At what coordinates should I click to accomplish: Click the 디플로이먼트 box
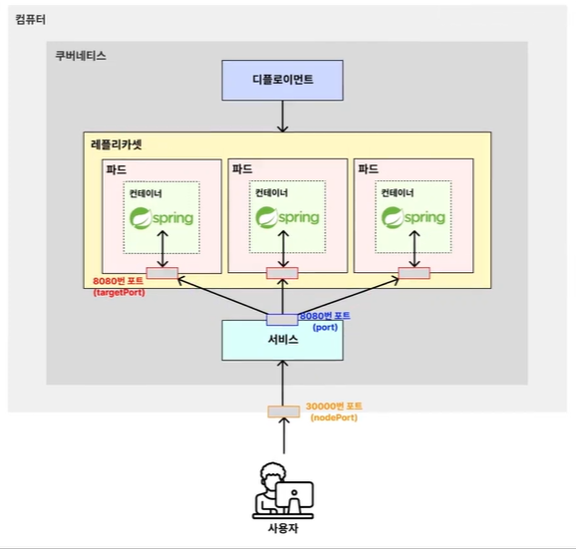282,80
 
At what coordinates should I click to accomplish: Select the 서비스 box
282,341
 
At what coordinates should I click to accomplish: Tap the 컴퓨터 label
31,20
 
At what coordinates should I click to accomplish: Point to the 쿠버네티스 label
81,56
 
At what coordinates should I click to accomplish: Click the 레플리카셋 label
116,144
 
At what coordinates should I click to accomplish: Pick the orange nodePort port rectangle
284,412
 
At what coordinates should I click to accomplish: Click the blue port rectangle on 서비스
282,320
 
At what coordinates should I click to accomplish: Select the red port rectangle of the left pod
162,273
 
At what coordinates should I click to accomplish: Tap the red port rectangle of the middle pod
282,273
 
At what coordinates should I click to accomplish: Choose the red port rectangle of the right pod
414,273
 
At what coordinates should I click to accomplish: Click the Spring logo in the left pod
161,218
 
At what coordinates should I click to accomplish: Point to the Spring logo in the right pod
414,217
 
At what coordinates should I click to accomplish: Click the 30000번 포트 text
334,407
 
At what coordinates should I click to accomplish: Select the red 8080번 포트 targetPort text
119,281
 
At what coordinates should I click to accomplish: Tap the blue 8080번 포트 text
325,316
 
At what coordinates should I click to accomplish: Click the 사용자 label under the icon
283,528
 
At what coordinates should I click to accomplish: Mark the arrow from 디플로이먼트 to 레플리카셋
282,116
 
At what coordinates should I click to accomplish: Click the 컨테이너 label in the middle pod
272,192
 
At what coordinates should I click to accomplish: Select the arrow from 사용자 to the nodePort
284,435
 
